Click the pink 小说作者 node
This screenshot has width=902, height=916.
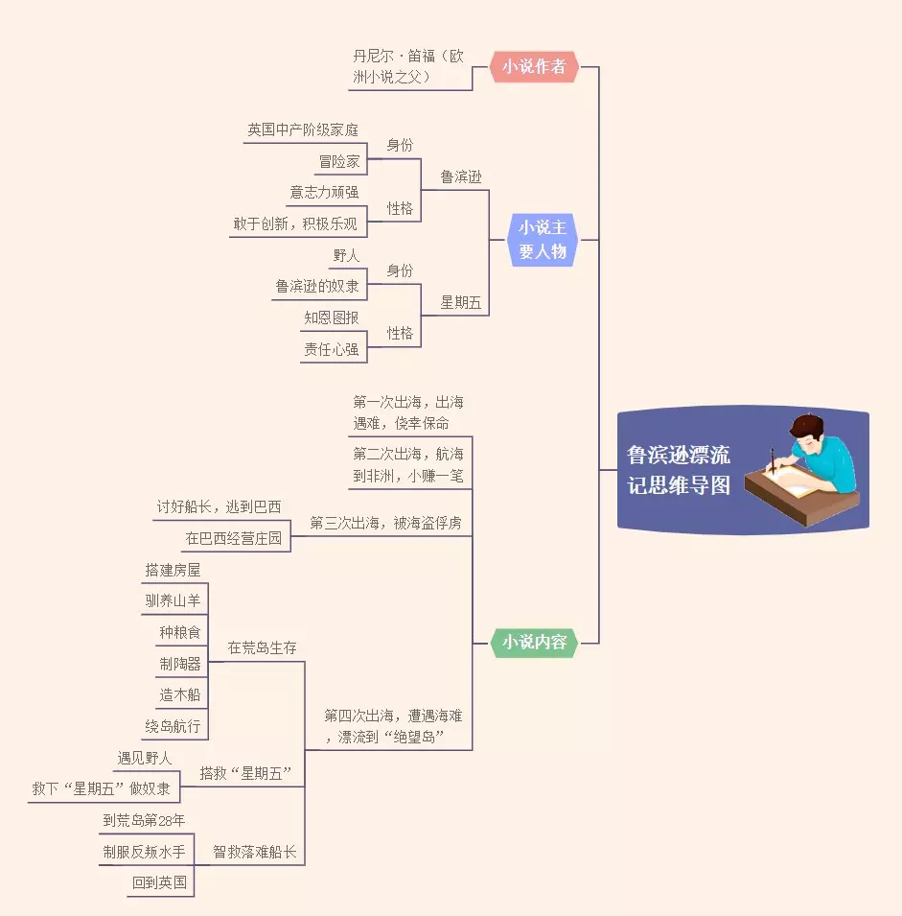coord(535,66)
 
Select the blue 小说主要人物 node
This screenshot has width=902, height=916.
coord(543,240)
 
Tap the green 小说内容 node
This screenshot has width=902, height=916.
coord(535,642)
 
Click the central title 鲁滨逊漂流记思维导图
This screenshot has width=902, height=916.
coord(679,470)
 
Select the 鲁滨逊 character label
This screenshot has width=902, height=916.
coord(461,176)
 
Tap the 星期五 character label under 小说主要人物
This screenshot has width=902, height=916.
coord(461,303)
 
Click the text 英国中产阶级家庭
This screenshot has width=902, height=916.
coord(303,129)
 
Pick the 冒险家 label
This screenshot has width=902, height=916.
coord(339,161)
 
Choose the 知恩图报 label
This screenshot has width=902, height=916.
coord(332,317)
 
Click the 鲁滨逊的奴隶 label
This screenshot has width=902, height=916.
coord(317,286)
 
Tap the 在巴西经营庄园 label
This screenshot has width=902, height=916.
coord(234,538)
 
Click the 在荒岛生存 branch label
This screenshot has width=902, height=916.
coord(262,647)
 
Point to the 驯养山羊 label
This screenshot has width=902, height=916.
coord(173,601)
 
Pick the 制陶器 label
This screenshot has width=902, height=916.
coord(180,664)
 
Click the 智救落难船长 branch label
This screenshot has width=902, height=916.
coord(254,851)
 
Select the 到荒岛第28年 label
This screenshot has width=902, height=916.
coord(144,820)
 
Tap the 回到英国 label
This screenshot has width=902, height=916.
coord(159,882)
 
